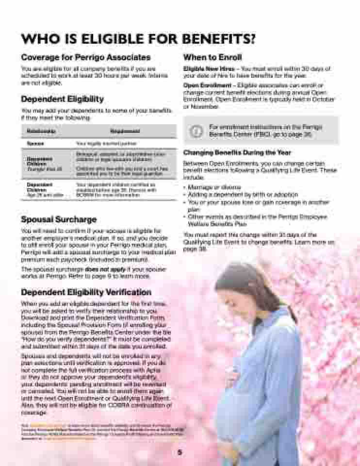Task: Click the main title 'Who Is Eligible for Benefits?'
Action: pyautogui.click(x=138, y=38)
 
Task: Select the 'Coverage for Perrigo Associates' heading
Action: pyautogui.click(x=85, y=57)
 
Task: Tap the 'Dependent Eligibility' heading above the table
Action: pyautogui.click(x=62, y=99)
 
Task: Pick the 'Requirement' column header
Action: pyautogui.click(x=125, y=131)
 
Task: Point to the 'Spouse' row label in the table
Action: pyautogui.click(x=35, y=144)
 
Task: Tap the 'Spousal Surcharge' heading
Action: pyautogui.click(x=59, y=219)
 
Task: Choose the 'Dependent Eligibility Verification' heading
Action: pyautogui.click(x=86, y=292)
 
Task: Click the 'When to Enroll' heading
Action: pyautogui.click(x=212, y=57)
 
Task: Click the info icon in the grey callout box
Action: pyautogui.click(x=196, y=131)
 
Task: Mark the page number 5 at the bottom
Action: pyautogui.click(x=180, y=452)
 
